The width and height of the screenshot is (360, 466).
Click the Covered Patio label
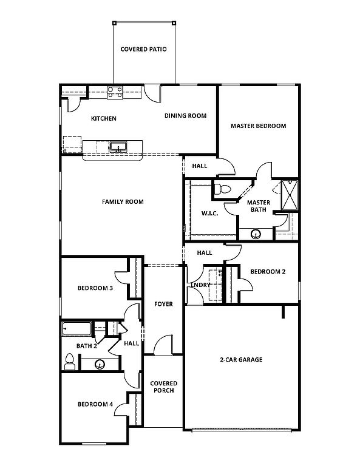point(144,49)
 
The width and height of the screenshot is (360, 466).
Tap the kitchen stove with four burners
point(115,92)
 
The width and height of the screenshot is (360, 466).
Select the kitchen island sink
point(118,147)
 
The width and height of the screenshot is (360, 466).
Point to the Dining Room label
point(186,116)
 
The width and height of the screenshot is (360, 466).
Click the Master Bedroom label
point(259,126)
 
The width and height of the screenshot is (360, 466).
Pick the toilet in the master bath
point(222,189)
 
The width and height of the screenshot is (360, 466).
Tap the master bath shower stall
point(290,195)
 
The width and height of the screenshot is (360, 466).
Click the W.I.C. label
point(210,214)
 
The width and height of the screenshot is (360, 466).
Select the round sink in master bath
point(256,234)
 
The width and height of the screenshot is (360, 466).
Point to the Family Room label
point(123,202)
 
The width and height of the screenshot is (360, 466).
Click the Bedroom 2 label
point(268,272)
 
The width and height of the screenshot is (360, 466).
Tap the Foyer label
point(163,304)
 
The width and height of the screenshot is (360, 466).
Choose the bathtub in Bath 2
point(76,329)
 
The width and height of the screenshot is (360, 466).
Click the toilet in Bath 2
point(70,362)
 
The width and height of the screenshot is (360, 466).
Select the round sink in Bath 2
point(100,364)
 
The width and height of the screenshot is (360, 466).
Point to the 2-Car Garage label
point(241,360)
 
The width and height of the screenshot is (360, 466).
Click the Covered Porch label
point(164,387)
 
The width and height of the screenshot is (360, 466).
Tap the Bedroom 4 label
point(95,404)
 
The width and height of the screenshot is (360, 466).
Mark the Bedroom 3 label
point(95,288)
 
